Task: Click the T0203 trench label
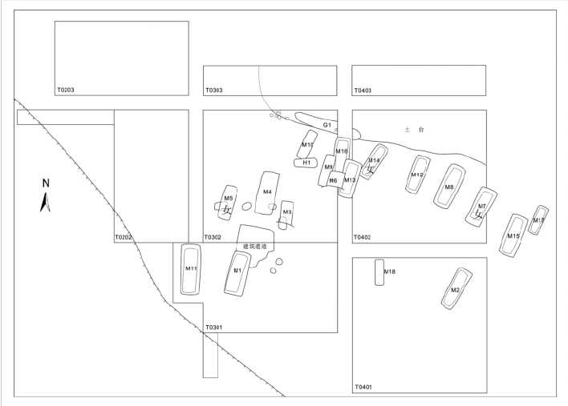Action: tap(66, 90)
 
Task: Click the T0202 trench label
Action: tap(123, 238)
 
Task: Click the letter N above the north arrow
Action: tap(46, 183)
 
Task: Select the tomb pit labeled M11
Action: tap(189, 269)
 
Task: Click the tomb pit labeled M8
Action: tap(449, 187)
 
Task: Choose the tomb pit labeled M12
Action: tap(417, 175)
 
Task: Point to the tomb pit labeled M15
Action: tap(513, 235)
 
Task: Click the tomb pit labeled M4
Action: tap(267, 192)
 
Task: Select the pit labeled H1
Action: tap(306, 163)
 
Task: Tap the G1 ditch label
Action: tap(327, 126)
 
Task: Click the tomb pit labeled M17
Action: tap(538, 220)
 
